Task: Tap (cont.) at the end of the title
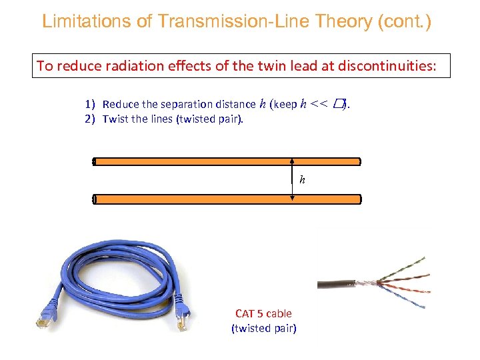(404, 21)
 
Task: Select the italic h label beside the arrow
(302, 180)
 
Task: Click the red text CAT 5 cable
(263, 313)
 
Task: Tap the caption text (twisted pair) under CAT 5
(263, 328)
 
